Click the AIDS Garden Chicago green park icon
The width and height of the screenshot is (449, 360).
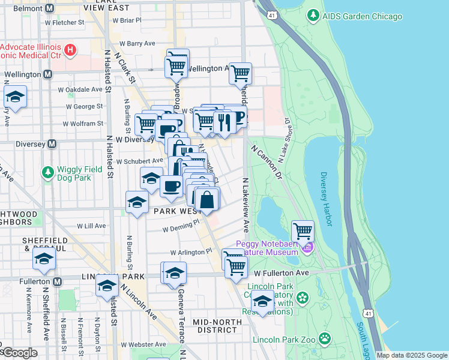pos(313,16)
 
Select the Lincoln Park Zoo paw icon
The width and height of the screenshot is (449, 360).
pos(325,340)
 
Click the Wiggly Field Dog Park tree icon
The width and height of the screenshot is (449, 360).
pos(48,173)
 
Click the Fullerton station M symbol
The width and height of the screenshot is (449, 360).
pos(57,281)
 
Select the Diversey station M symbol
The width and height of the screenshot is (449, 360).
pos(52,144)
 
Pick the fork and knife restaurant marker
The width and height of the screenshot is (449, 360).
pos(224,122)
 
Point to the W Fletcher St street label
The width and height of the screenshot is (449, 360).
pos(64,23)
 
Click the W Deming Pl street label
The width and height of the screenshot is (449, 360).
pos(180,229)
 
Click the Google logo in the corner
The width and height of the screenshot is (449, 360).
pos(19,353)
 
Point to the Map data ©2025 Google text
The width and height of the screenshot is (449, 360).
pos(411,355)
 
